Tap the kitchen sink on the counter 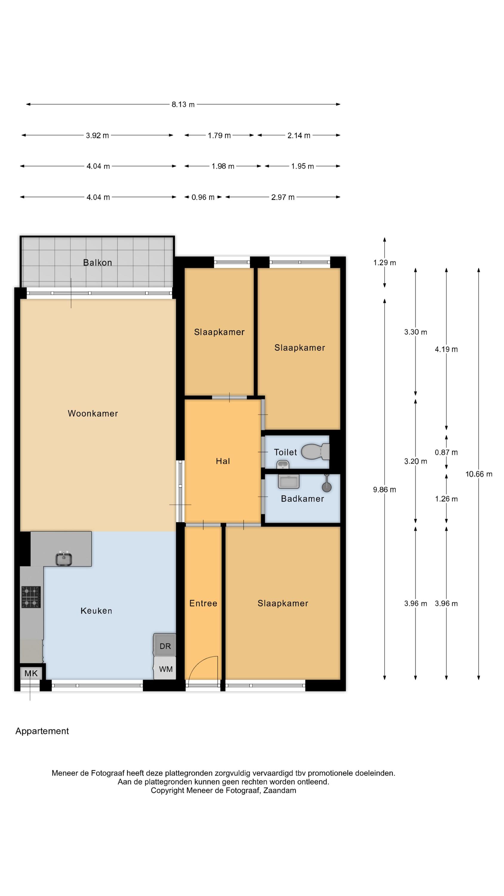click(x=64, y=559)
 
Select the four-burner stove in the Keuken click(x=31, y=597)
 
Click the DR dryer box click(x=165, y=645)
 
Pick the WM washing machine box click(x=165, y=668)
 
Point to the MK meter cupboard click(x=31, y=673)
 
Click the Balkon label click(x=97, y=263)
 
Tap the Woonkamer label click(x=93, y=413)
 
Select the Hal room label click(x=223, y=461)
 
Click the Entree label click(x=203, y=603)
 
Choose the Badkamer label click(x=302, y=498)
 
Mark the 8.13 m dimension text click(x=183, y=104)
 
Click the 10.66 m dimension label click(x=479, y=474)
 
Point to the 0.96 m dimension click(x=203, y=197)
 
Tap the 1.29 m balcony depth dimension click(x=384, y=263)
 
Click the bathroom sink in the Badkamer click(x=288, y=481)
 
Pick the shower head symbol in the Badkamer click(x=327, y=484)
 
